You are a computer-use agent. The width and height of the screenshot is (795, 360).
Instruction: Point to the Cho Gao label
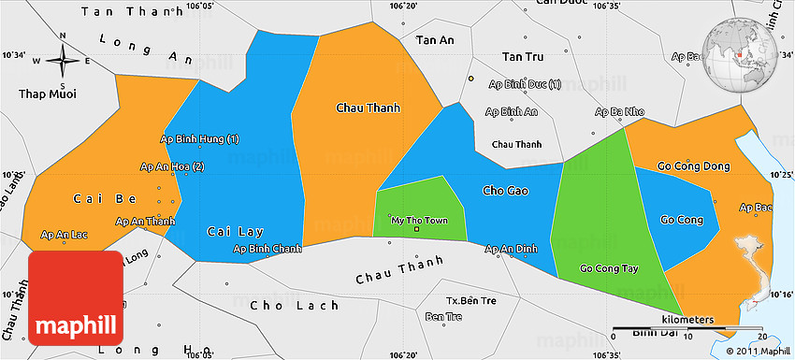[505, 191]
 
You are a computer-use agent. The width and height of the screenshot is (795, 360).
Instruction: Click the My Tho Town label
[418, 221]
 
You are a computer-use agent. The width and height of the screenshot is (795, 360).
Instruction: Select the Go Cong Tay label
[609, 268]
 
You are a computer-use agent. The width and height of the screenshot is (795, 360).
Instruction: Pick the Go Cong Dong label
[693, 166]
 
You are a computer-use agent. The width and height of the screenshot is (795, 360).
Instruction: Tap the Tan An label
[434, 40]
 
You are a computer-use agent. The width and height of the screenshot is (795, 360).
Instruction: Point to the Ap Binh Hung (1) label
[200, 139]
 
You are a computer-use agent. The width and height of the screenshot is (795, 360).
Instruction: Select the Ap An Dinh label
[512, 249]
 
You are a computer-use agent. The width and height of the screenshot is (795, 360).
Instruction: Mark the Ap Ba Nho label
[620, 111]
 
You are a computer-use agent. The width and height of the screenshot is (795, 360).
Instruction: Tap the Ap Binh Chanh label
[267, 249]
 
